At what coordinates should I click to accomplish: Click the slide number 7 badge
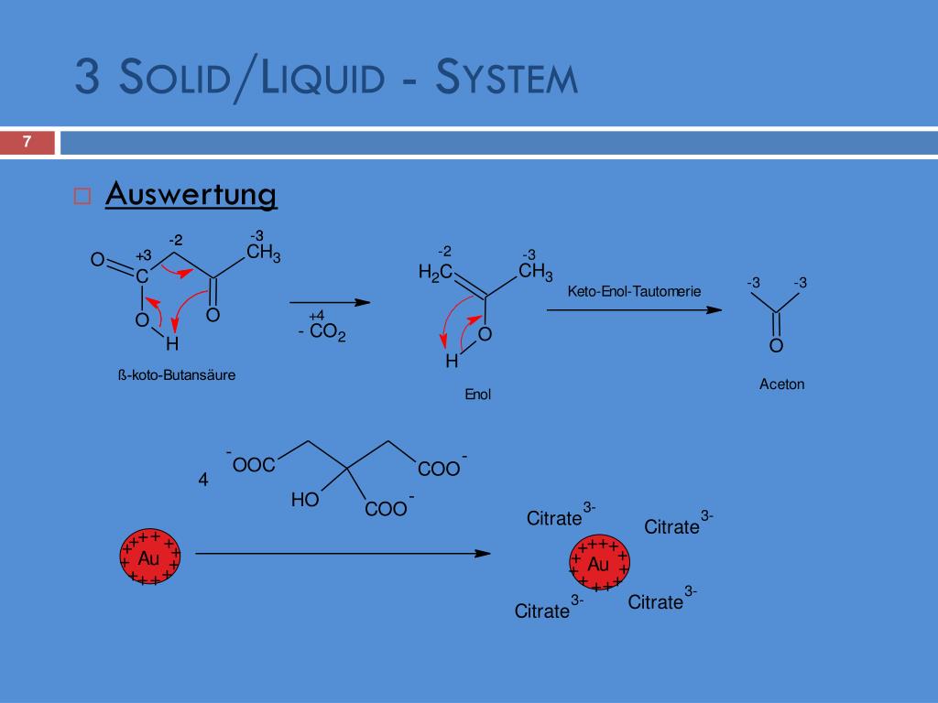coord(27,143)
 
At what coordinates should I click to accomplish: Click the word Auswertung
coord(191,195)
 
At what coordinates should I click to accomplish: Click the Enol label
coord(478,395)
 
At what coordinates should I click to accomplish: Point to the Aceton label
coord(781,384)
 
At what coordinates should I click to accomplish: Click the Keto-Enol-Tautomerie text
coord(634,292)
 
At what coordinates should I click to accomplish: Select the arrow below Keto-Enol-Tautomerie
coord(634,310)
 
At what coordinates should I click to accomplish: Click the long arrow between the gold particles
coord(344,554)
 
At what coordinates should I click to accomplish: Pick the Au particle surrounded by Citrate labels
coord(599,564)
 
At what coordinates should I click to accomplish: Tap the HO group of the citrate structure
coord(305,501)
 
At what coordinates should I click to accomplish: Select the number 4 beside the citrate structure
coord(203,481)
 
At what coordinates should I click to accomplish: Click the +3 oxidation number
coord(143,255)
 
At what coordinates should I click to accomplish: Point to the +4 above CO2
coord(317,316)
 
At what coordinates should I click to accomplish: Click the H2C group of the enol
coord(435,272)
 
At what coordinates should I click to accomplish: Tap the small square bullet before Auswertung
coord(82,196)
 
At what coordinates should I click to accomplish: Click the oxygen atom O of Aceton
coord(776,346)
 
